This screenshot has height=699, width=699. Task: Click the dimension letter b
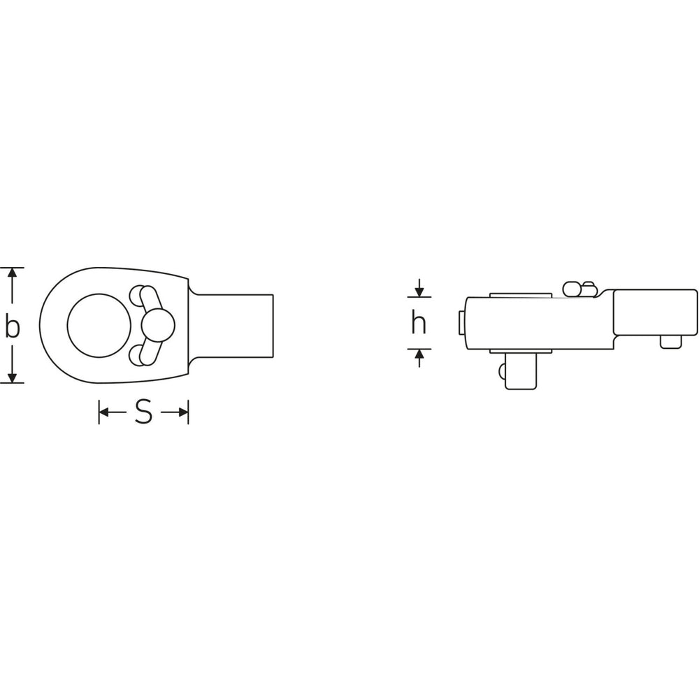[13, 325]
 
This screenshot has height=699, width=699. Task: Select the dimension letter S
[143, 412]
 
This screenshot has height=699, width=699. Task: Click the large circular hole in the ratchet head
[99, 326]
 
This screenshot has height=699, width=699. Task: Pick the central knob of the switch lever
[158, 326]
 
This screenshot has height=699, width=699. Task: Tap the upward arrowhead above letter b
[13, 273]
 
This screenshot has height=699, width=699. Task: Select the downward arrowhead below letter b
[13, 377]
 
